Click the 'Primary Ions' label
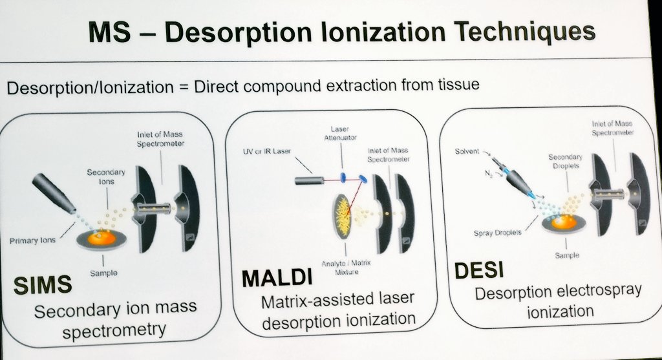pos(32,240)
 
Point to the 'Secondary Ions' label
pos(106,176)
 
